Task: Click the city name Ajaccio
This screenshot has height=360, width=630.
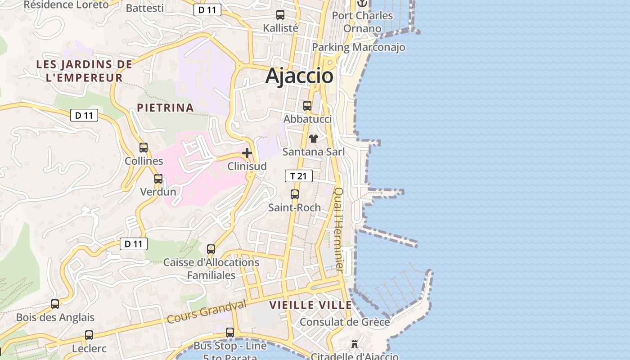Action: click(x=299, y=76)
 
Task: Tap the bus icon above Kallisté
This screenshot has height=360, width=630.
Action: click(x=280, y=15)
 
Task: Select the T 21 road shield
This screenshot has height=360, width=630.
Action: click(x=299, y=176)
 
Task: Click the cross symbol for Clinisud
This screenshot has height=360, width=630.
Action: click(x=247, y=153)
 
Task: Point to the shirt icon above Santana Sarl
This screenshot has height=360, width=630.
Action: click(x=313, y=138)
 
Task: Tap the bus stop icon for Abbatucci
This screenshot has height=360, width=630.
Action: click(x=307, y=106)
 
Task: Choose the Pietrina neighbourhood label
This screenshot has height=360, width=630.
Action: click(x=165, y=108)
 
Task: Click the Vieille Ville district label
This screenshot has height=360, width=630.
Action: click(x=310, y=305)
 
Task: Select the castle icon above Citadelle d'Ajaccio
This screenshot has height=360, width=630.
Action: click(x=355, y=344)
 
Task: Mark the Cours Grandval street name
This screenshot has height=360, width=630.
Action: click(x=207, y=312)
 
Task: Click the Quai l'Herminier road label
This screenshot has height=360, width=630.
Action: click(x=338, y=229)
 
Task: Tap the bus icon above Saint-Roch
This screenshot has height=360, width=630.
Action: click(x=295, y=194)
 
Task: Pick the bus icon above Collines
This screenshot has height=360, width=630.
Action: click(x=144, y=148)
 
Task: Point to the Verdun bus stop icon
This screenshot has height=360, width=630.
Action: click(x=158, y=179)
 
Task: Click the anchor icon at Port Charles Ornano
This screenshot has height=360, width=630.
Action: click(x=362, y=3)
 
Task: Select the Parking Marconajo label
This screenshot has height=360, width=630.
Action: click(x=359, y=47)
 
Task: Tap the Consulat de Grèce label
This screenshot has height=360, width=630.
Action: click(x=345, y=322)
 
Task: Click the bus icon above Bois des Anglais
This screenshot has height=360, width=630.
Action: click(x=55, y=304)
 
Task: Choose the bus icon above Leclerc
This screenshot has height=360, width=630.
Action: click(x=89, y=335)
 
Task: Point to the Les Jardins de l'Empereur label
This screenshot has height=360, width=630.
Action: click(x=84, y=71)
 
